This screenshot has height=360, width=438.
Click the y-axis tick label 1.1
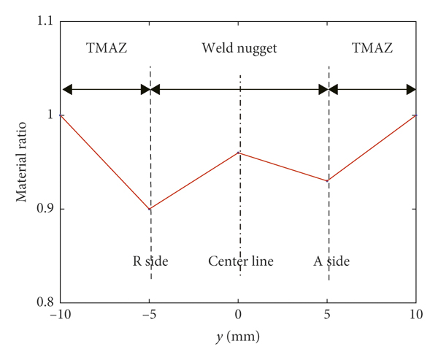tap(46, 21)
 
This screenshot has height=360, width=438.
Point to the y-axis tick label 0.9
tap(46, 209)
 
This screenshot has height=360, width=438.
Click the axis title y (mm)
tap(239, 339)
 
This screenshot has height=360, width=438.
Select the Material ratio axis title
tap(22, 162)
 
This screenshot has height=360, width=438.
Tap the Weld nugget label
tap(239, 50)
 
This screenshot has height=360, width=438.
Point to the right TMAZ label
tap(372, 50)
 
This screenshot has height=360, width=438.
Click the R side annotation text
tap(150, 261)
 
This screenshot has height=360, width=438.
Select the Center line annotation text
tap(241, 261)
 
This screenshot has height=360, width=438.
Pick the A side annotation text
tap(329, 261)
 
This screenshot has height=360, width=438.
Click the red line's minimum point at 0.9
tap(150, 209)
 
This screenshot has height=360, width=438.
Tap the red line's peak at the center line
tap(239, 153)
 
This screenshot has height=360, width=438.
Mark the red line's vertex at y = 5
tap(328, 181)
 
